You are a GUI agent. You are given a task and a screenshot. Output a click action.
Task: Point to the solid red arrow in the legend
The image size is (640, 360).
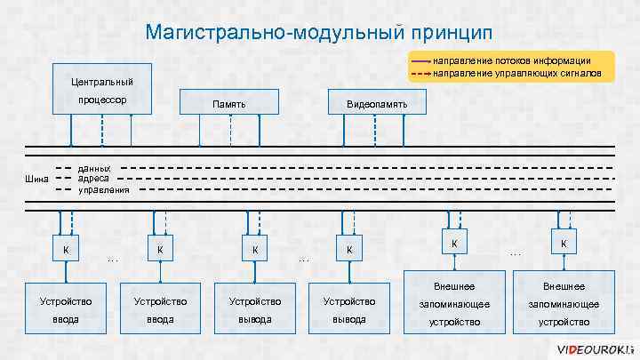click(x=420, y=60)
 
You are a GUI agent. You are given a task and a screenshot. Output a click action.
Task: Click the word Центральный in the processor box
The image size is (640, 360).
click(x=101, y=82)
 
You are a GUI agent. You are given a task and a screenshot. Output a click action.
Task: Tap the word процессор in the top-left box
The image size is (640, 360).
click(x=101, y=100)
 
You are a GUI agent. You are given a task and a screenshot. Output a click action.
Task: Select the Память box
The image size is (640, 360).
click(x=229, y=105)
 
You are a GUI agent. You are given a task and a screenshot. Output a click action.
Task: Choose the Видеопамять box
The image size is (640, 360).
click(x=378, y=105)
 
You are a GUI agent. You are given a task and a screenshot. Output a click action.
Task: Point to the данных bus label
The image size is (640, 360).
click(x=95, y=167)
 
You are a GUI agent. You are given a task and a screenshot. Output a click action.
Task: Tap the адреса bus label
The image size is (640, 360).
click(x=93, y=178)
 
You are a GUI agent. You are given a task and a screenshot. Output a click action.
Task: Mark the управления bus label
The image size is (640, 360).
click(x=104, y=189)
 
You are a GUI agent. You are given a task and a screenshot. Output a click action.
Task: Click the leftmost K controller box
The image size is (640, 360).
click(x=64, y=249)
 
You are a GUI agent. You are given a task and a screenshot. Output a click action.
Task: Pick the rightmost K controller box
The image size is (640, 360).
click(x=563, y=243)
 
